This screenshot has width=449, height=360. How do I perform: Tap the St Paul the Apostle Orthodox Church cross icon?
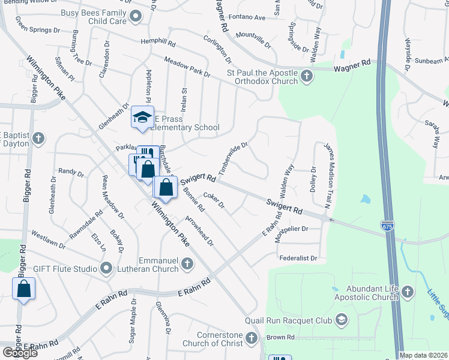point(307,76)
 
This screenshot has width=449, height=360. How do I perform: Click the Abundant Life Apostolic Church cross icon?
point(407,292)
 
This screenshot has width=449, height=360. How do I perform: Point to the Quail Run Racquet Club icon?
point(342,319)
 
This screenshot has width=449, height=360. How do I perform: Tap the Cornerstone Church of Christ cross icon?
point(252,338)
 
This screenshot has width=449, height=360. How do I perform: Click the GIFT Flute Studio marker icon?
point(107,268)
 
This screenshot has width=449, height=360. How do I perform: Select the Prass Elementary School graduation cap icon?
point(143,118)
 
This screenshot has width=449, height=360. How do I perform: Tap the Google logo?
point(20,353)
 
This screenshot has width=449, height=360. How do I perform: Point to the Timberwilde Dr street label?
point(233,158)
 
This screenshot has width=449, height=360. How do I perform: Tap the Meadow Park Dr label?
point(187,66)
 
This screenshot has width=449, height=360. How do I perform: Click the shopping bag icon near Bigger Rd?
point(24,289)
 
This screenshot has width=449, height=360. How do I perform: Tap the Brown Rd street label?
point(281,337)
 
